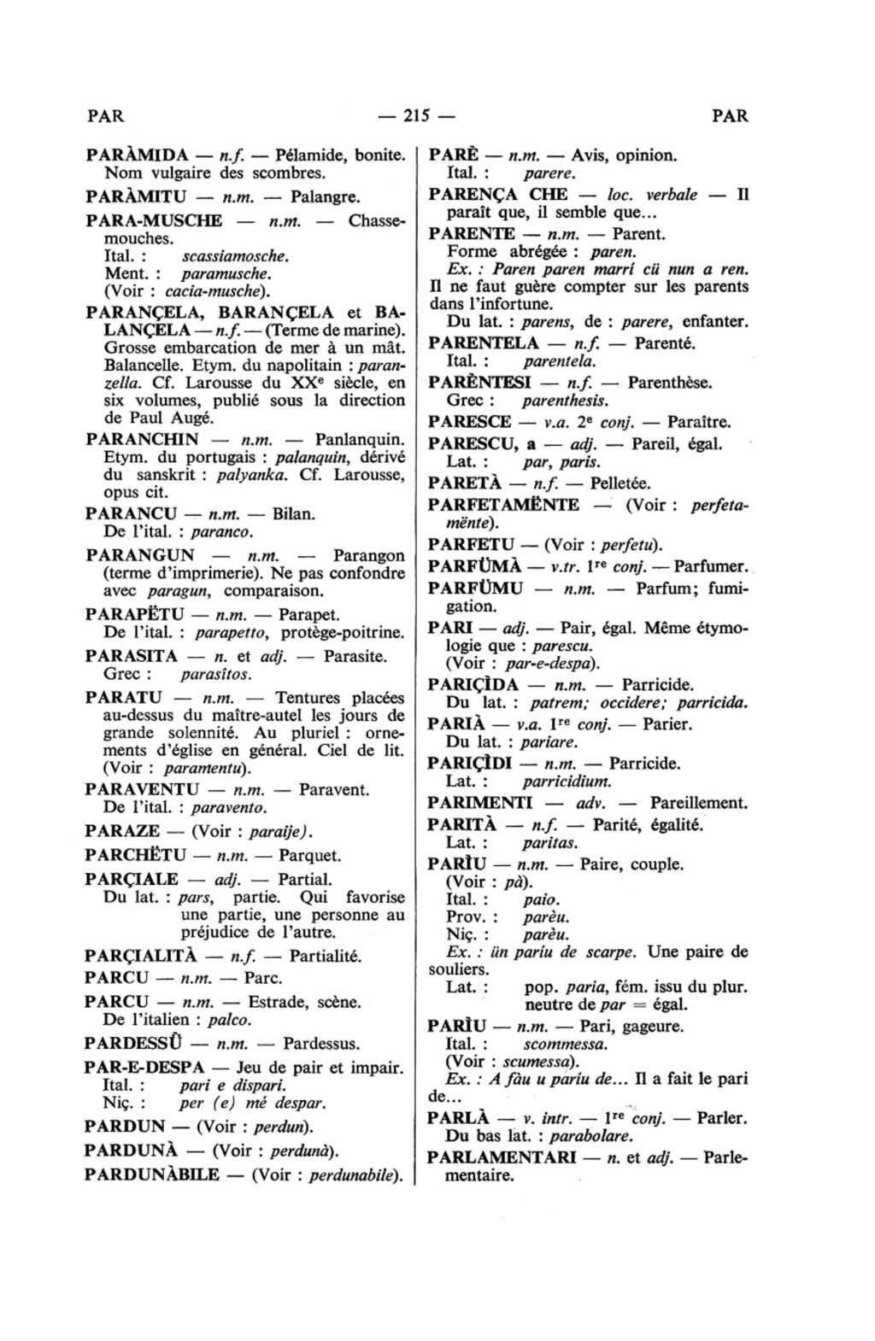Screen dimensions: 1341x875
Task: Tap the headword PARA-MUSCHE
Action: point(154,220)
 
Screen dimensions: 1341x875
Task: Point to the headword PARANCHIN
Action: point(143,440)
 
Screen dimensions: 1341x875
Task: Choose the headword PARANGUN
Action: point(140,555)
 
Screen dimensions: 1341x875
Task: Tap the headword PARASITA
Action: point(132,657)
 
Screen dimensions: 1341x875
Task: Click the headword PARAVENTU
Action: point(143,788)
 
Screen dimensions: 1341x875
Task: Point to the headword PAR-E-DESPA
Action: point(145,1068)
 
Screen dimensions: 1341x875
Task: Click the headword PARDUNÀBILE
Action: point(152,1174)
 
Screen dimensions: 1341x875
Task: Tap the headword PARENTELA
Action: point(484,343)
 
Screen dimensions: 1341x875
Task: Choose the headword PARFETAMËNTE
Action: point(503,505)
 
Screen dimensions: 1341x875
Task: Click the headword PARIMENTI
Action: point(479,803)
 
